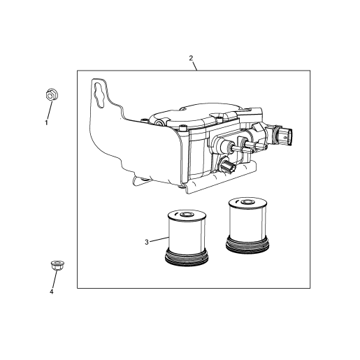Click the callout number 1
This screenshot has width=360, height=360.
46,122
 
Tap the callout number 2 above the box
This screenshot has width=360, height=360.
191,58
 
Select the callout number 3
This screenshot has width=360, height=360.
147,242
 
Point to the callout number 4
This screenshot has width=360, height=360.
52,291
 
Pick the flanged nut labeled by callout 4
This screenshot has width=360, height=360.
57,266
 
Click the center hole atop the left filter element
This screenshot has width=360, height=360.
186,214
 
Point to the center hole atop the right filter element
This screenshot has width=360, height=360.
246,201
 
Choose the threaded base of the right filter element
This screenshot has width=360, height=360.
247,245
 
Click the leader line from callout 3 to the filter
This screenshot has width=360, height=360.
159,240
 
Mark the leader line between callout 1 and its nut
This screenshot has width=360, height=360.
50,110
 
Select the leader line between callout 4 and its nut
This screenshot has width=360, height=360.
55,280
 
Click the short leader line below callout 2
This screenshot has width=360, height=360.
195,66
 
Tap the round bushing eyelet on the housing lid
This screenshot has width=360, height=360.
160,122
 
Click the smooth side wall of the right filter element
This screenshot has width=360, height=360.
247,222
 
